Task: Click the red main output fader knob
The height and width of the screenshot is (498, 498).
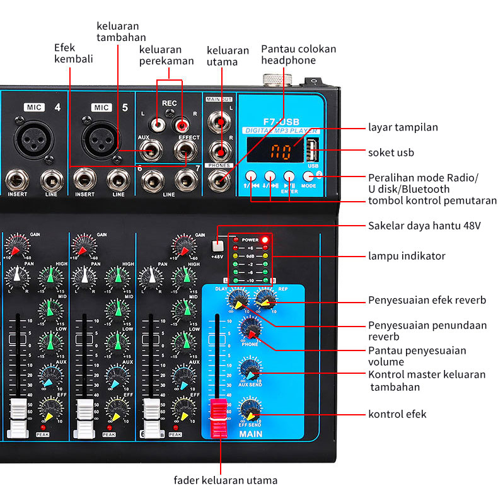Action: click(x=217, y=417)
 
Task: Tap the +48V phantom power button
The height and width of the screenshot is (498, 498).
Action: click(x=217, y=246)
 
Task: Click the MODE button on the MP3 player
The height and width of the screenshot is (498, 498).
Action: click(x=308, y=177)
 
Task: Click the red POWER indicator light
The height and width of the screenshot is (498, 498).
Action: click(x=265, y=240)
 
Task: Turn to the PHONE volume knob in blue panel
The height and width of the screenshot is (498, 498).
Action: click(x=250, y=330)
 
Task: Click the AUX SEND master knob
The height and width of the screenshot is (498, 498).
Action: click(x=250, y=369)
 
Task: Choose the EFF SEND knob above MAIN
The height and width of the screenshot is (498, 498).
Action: click(x=250, y=410)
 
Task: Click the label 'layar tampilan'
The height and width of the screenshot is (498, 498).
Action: click(x=403, y=127)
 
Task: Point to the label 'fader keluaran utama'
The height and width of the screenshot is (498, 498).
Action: click(x=226, y=480)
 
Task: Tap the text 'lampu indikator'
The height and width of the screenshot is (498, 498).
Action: click(x=407, y=256)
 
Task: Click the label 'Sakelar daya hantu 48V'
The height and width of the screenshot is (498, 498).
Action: click(x=424, y=225)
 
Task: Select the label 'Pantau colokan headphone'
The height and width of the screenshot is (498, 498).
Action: click(x=298, y=54)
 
